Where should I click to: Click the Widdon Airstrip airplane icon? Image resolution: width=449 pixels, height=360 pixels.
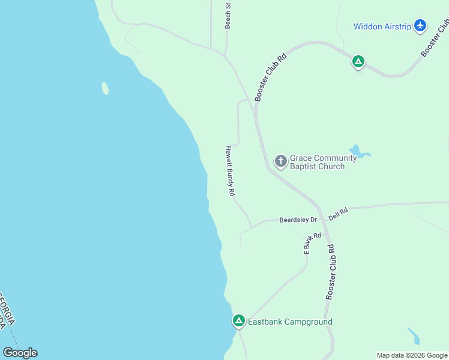420,26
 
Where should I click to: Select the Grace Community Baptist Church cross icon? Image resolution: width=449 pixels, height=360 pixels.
280,161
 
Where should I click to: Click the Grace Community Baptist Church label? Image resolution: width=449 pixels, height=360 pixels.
318,162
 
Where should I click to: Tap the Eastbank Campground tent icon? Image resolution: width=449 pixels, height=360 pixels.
239,322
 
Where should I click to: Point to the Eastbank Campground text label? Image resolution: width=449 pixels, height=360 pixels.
290,322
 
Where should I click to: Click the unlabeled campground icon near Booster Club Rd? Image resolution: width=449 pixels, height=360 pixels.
358,61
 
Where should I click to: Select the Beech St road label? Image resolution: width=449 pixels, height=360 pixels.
228,15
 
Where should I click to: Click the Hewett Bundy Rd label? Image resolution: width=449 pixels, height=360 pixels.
229,172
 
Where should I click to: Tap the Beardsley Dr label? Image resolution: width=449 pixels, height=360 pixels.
298,220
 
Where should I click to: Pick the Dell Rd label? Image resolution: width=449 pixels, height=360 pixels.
339,214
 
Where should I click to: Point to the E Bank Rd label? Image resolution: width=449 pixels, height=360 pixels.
312,242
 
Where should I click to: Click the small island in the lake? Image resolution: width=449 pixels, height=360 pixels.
106,88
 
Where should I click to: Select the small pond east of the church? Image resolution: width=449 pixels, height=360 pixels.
358,152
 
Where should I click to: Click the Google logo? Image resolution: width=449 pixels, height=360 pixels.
20,353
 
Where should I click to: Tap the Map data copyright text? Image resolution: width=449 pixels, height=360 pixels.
412,355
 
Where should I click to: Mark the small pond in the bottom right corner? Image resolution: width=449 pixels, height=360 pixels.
414,336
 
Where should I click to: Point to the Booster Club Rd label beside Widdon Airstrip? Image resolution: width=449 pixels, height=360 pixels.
435,38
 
